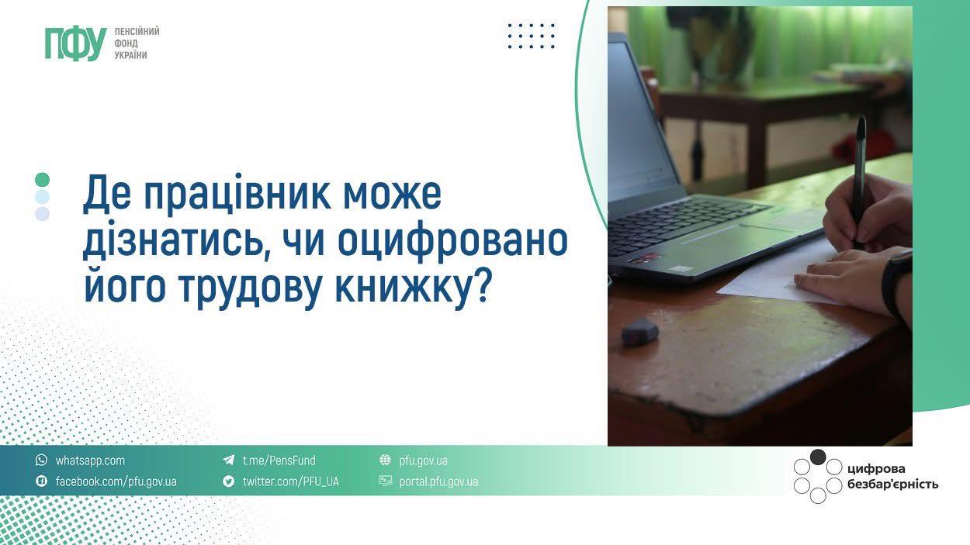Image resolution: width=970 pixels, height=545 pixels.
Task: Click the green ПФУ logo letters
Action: pos(76,43)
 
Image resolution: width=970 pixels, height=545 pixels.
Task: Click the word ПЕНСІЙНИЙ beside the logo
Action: pos(137,32)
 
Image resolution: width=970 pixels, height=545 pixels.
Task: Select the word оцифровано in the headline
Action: pos(452,241)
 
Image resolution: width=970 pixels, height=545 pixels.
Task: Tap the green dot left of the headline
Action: pos(42,180)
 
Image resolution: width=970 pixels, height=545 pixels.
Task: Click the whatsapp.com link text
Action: pos(90,460)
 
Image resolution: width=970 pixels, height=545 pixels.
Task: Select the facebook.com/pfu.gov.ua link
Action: pos(116,481)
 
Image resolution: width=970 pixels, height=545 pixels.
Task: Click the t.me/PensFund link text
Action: pos(279,460)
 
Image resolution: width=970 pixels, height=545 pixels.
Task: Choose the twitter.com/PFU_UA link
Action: pos(290,481)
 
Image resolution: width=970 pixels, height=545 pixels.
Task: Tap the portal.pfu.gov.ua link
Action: pos(438,481)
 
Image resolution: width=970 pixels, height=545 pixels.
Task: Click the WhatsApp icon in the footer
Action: pos(41,460)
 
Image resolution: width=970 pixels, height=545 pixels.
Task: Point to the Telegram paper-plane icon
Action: pos(229,460)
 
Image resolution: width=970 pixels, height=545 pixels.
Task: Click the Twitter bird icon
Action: pos(229,481)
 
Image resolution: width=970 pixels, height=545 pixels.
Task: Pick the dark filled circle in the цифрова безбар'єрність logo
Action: pos(818,457)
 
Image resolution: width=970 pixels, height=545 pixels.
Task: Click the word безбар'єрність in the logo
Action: pos(892,485)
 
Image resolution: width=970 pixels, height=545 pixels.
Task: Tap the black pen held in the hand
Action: pos(859,181)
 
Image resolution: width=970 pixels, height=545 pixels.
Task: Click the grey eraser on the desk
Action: pos(639,332)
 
